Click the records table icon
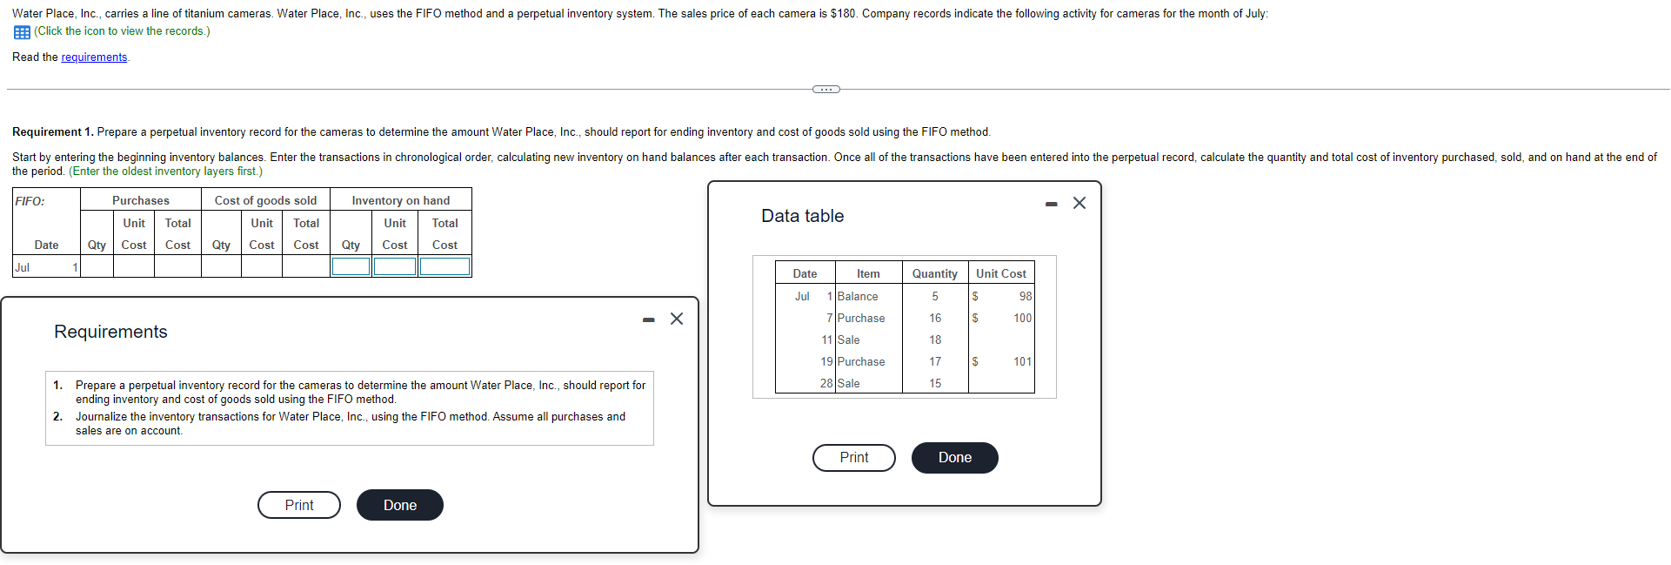click(22, 32)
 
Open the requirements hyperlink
click(94, 57)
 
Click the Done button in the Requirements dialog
click(399, 505)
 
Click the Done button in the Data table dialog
click(954, 458)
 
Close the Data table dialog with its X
click(1079, 203)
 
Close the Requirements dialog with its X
click(677, 319)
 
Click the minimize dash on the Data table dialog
click(1052, 204)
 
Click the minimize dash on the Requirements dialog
click(648, 319)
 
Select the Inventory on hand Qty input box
click(351, 266)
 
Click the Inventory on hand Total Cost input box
click(444, 266)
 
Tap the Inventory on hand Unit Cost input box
click(395, 266)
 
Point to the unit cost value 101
click(1022, 362)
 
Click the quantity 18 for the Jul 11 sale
click(935, 340)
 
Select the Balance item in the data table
click(858, 297)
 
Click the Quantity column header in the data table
click(934, 273)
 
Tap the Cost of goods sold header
click(265, 200)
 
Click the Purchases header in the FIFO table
click(141, 200)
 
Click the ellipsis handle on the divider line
click(825, 89)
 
